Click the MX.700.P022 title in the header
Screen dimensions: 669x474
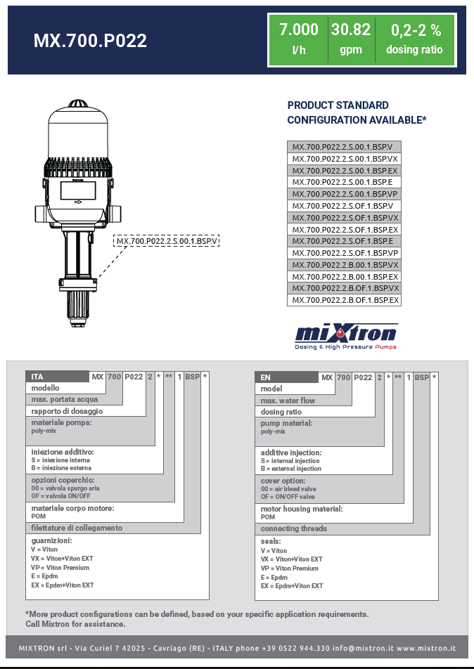tap(90, 41)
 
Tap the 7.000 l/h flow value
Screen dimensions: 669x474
tap(299, 39)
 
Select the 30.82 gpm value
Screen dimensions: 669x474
tap(350, 39)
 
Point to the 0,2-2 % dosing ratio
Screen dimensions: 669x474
tap(414, 39)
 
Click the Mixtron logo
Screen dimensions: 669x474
tap(346, 335)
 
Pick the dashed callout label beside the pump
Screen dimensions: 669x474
tap(167, 241)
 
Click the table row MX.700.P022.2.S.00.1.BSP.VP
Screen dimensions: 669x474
tap(345, 194)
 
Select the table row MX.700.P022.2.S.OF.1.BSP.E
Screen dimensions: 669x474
tap(345, 241)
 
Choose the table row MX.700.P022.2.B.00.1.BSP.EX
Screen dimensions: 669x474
tap(345, 276)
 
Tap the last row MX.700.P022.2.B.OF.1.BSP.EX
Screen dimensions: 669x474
tap(345, 300)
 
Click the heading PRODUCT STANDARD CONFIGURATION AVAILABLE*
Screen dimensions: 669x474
tap(357, 112)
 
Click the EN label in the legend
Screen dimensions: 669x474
tap(266, 377)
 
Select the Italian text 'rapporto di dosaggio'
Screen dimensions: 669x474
tap(67, 411)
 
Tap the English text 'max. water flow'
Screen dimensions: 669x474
tap(288, 401)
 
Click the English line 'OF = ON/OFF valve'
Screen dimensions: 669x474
tap(288, 497)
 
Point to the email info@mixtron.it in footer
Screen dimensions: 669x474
tap(363, 648)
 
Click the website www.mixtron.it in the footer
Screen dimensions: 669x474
tap(426, 648)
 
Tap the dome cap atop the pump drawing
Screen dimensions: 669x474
tap(78, 103)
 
